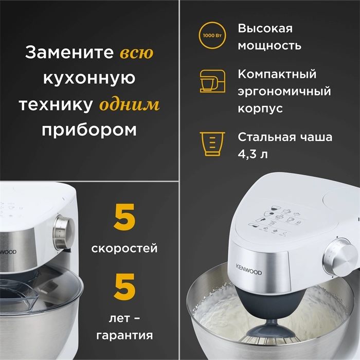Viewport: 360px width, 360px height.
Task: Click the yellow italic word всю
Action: click(x=136, y=53)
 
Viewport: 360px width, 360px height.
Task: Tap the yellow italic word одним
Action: click(x=129, y=104)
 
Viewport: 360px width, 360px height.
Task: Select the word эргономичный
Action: click(x=284, y=92)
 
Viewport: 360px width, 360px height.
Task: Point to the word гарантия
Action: click(x=124, y=336)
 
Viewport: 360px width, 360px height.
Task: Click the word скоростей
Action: click(x=124, y=248)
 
